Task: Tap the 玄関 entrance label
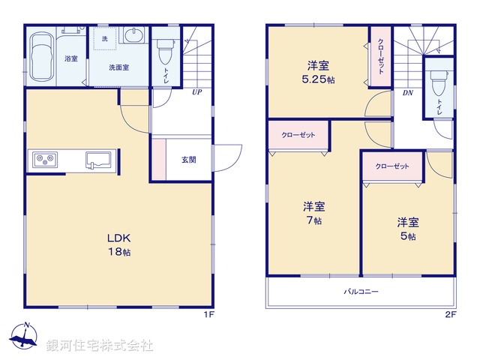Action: point(189,160)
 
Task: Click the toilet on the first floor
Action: point(165,50)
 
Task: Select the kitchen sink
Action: point(98,160)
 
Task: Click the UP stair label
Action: point(196,94)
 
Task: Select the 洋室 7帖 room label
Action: point(313,213)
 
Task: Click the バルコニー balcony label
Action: point(361,291)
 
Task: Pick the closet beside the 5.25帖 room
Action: point(380,57)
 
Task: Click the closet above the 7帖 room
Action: point(298,135)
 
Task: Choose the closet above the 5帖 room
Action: point(391,166)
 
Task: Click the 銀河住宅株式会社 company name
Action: point(100,346)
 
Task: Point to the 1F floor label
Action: point(209,314)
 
